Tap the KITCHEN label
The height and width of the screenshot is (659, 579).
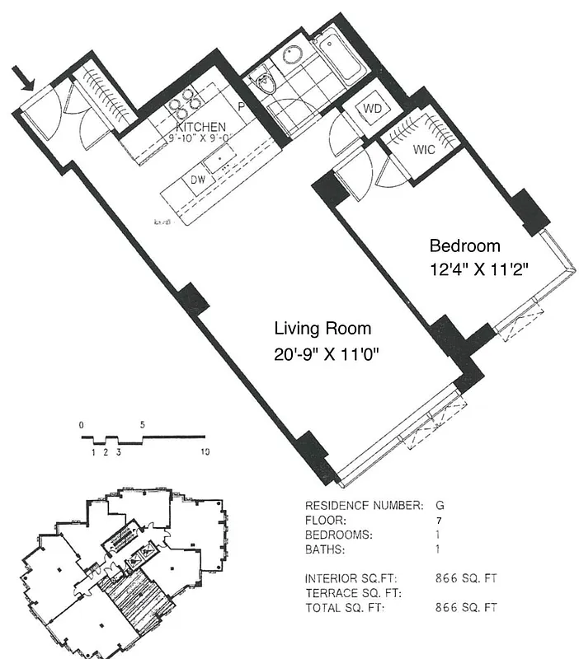(x=200, y=127)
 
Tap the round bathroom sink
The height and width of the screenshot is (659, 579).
(x=292, y=54)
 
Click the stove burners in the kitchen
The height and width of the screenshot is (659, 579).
(x=186, y=105)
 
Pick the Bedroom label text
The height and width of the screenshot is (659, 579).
(x=464, y=245)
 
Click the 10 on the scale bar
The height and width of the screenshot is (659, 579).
(x=204, y=451)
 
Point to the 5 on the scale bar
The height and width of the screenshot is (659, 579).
(x=143, y=425)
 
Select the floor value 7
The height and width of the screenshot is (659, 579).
(x=438, y=520)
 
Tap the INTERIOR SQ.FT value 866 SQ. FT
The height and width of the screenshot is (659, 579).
(x=466, y=578)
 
